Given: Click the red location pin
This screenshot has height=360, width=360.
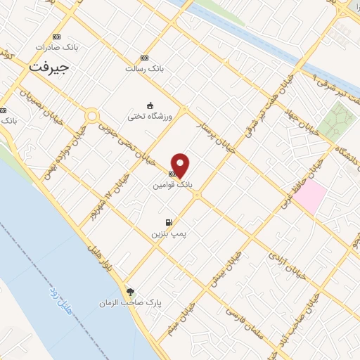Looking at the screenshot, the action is [181, 165].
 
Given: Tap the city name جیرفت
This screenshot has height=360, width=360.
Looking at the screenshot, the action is [49, 67].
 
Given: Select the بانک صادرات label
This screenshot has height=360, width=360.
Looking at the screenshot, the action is [57, 48].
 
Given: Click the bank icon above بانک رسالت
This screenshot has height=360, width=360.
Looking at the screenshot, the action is [144, 58].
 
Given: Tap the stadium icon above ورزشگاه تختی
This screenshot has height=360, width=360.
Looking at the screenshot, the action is [149, 105].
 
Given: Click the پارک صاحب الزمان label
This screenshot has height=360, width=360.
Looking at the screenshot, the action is [139, 303].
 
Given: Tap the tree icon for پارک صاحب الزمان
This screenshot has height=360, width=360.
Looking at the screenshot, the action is [129, 292].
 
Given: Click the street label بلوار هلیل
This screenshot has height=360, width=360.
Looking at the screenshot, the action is [97, 257].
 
